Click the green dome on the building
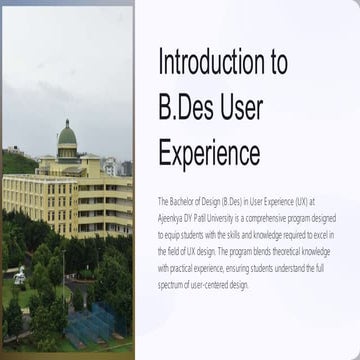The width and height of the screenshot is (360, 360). coord(67,133)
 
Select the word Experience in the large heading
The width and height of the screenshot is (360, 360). coord(209,153)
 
